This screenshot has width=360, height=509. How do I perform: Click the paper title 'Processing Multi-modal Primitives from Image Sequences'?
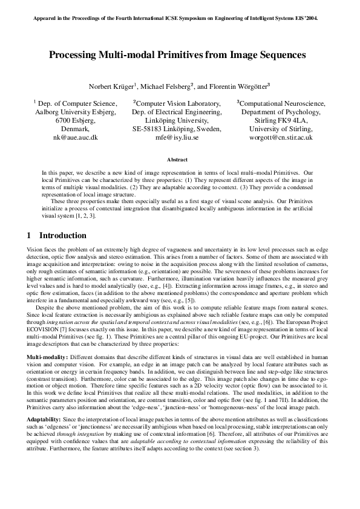click(x=177, y=55)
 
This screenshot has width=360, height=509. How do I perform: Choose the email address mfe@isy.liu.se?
click(x=177, y=137)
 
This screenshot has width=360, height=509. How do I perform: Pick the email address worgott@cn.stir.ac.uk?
click(x=280, y=137)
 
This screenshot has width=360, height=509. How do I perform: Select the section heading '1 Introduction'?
click(x=57, y=235)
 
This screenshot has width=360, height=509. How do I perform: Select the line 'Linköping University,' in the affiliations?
click(x=177, y=120)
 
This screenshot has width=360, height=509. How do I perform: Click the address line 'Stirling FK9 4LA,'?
click(x=280, y=120)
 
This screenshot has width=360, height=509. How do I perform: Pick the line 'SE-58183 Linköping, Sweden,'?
click(x=177, y=129)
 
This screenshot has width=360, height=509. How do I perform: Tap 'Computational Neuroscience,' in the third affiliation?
click(x=280, y=103)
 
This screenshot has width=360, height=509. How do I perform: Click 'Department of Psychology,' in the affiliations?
click(x=280, y=112)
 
